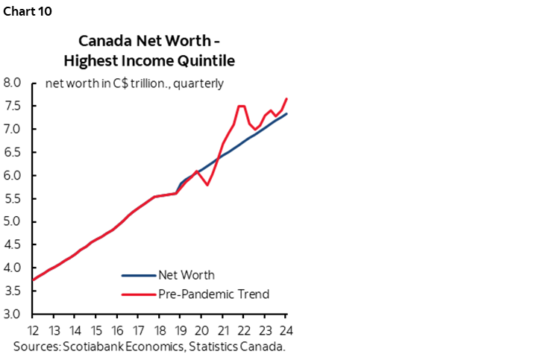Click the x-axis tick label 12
[33, 330]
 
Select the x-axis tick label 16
[117, 330]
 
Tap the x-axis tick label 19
[181, 330]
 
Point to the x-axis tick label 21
[223, 330]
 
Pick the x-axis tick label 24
[286, 330]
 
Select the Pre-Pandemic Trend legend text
[213, 294]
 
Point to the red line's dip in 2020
[207, 185]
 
